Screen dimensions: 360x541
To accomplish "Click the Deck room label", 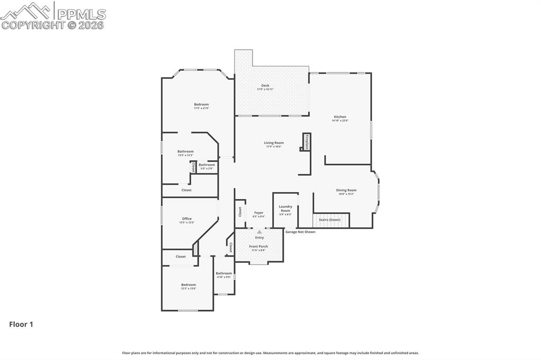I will point(265,87).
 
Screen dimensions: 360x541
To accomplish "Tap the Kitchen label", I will point(340,118).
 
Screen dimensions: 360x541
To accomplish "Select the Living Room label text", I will point(274,144).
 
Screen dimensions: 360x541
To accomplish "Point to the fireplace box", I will point(306,142).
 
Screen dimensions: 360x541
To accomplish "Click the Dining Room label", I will point(346,192).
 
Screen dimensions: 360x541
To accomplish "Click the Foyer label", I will point(258,214).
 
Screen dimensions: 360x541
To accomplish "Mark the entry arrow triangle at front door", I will point(259,232).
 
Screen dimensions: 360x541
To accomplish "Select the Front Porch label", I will point(258,248).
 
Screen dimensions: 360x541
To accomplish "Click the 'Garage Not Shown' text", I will point(300,232).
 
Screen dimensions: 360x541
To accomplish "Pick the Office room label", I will point(186,220).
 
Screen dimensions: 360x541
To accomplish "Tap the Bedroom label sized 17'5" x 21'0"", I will point(201,106).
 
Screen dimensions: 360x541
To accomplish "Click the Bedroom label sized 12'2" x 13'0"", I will point(189,286).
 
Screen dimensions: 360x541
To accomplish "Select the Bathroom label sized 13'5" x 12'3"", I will point(185,153).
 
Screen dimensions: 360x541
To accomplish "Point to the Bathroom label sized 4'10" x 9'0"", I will point(223,274).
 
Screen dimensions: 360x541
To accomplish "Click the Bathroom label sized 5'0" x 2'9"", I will point(207,166).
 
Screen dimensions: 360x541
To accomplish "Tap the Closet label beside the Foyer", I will point(240,212).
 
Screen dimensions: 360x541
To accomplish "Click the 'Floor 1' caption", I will point(21,325).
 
